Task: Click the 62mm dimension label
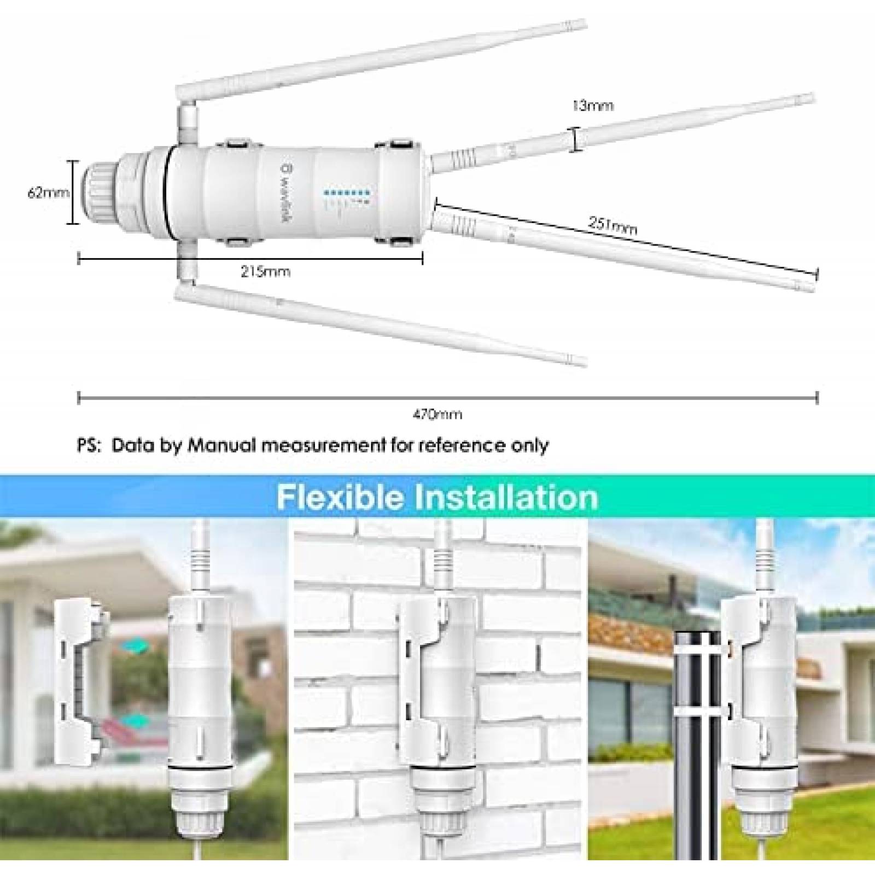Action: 48,193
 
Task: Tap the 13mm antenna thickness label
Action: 593,106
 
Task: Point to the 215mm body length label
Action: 266,272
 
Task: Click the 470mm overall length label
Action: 437,415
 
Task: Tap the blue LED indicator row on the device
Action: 347,193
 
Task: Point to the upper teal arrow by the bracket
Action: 137,646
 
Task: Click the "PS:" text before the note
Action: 89,445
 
